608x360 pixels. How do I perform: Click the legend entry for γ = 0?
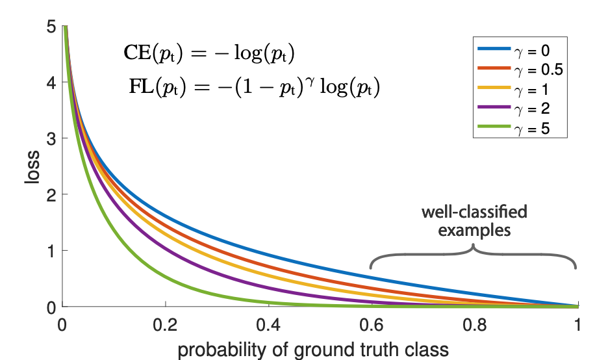pyautogui.click(x=520, y=49)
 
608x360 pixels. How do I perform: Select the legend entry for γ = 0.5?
pyautogui.click(x=520, y=69)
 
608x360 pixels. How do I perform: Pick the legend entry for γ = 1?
pyautogui.click(x=520, y=89)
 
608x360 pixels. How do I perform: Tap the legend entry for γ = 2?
pyautogui.click(x=520, y=109)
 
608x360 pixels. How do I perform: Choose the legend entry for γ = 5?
pyautogui.click(x=520, y=129)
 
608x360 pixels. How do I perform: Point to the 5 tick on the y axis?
pyautogui.click(x=51, y=27)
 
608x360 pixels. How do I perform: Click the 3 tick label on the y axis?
pyautogui.click(x=51, y=138)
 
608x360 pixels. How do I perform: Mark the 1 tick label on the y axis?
pyautogui.click(x=51, y=251)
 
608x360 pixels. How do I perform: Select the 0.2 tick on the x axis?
pyautogui.click(x=166, y=323)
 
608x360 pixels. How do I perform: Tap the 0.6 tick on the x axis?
pyautogui.click(x=372, y=323)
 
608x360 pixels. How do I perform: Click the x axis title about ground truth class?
pyautogui.click(x=313, y=349)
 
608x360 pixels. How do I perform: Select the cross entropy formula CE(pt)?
pyautogui.click(x=209, y=55)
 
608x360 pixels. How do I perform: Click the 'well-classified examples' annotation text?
pyautogui.click(x=474, y=220)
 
